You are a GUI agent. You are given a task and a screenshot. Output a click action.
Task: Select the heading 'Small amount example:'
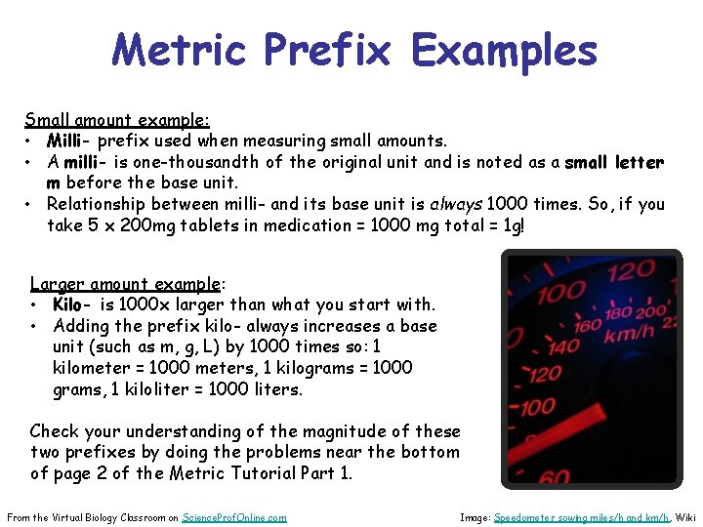click(x=117, y=120)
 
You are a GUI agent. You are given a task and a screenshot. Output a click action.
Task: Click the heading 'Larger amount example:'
click(x=128, y=284)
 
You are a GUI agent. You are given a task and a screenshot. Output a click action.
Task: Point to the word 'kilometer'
click(x=91, y=368)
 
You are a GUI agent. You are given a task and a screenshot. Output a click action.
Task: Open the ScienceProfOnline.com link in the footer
click(x=234, y=517)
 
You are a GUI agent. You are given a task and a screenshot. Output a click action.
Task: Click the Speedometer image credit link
click(x=581, y=517)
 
